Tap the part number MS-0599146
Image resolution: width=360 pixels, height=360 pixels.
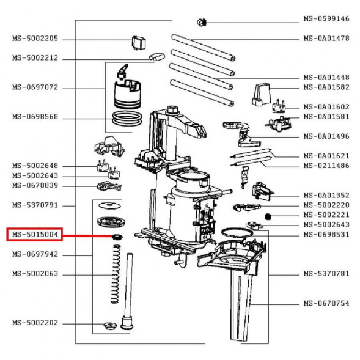(326, 19)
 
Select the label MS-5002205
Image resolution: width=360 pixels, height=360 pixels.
(35, 39)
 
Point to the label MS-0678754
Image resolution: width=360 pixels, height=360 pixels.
(326, 303)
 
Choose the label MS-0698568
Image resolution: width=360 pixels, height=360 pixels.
(35, 117)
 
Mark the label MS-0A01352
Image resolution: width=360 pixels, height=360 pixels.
(326, 195)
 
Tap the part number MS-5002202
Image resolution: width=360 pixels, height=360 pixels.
(35, 323)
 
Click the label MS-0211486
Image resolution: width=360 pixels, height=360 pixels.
(326, 166)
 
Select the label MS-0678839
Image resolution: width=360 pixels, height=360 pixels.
(35, 185)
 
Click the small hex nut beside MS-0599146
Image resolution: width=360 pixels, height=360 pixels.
(200, 23)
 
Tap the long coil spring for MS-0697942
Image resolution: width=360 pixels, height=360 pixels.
(115, 273)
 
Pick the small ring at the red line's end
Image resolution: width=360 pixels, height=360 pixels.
(114, 237)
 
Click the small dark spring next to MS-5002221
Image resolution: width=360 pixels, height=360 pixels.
(267, 215)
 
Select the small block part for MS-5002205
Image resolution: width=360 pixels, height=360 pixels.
(138, 42)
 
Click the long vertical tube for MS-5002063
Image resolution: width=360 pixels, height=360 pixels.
(128, 287)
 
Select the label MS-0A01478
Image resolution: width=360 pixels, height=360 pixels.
(326, 39)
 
